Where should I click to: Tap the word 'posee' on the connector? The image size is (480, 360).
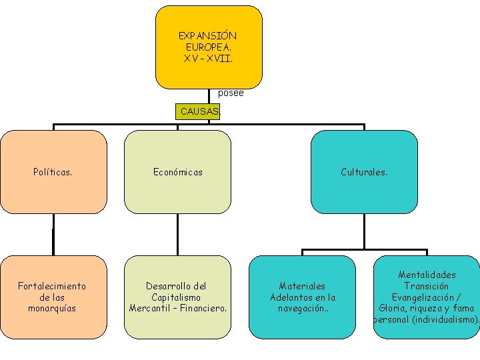(231, 93)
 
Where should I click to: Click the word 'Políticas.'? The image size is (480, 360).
(53, 172)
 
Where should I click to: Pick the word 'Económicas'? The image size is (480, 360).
(178, 172)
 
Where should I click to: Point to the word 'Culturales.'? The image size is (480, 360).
(364, 172)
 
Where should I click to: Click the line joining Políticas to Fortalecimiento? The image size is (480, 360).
(53, 234)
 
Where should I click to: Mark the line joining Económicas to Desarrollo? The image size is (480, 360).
(177, 234)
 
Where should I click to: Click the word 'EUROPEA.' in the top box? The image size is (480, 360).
(208, 47)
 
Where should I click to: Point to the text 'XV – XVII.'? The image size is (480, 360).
(208, 58)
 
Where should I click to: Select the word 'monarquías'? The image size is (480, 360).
(52, 308)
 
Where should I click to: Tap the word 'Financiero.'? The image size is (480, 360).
(202, 308)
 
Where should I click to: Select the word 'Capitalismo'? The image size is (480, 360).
(176, 297)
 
